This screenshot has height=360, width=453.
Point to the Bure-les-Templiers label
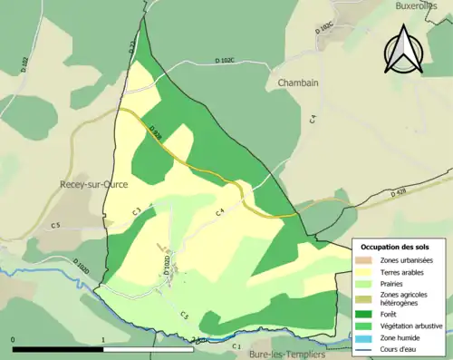287,354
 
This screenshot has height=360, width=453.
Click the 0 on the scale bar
14,340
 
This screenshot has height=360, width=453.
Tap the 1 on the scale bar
104,340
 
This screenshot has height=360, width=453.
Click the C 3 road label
136,212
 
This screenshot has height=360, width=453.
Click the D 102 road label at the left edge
24,63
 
